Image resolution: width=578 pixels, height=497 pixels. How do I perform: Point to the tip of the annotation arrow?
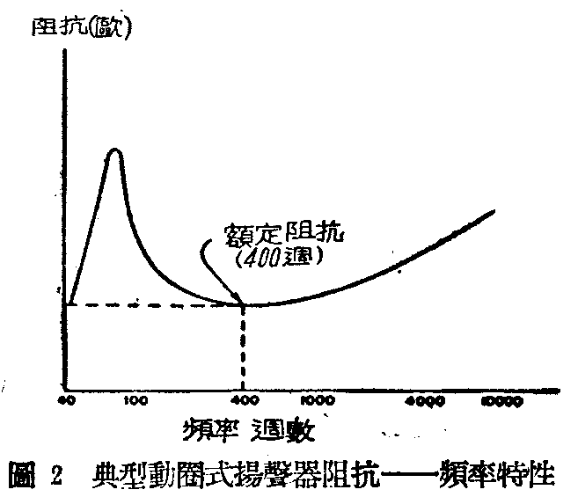[239, 303]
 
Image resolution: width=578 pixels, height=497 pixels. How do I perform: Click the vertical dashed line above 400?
[242, 347]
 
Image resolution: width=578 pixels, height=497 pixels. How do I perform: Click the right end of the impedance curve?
[494, 210]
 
